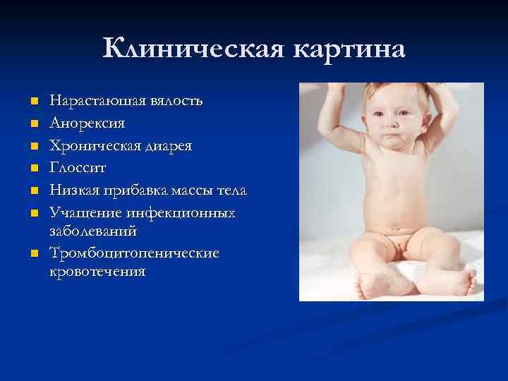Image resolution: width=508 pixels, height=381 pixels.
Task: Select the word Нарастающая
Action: pos(98,101)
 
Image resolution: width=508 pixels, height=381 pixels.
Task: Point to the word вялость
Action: pos(176,101)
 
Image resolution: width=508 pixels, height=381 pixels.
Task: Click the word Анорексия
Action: pos(87,123)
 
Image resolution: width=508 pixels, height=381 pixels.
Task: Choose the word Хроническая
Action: pos(95,146)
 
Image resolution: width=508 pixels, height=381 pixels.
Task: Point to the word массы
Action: pos(185,191)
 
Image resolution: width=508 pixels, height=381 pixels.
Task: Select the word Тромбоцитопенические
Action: pos(134,253)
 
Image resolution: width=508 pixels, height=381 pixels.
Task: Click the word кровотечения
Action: pos(97,271)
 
